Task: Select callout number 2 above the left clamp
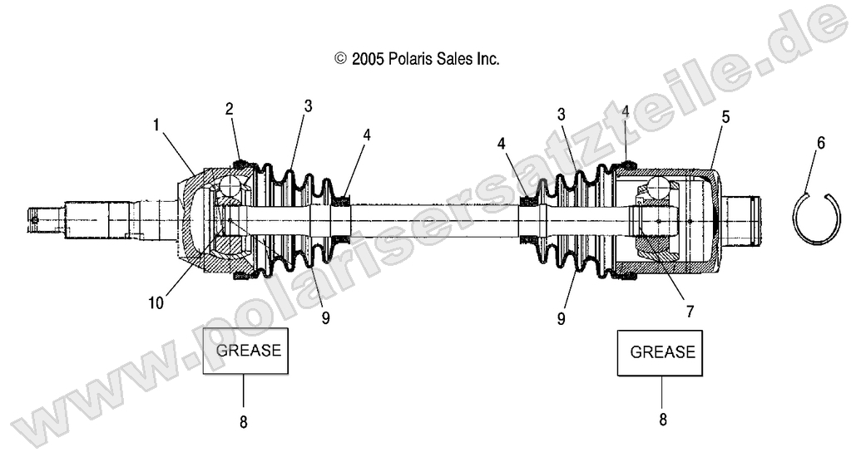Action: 229,109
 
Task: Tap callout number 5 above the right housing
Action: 725,117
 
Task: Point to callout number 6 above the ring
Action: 821,143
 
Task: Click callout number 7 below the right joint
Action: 690,312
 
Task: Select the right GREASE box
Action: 662,352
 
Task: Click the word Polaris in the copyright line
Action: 408,59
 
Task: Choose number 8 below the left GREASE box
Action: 244,422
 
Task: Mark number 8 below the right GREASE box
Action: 663,420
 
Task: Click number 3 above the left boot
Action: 309,106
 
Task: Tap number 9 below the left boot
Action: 325,318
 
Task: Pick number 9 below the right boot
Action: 562,318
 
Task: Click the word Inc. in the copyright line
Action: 486,59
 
